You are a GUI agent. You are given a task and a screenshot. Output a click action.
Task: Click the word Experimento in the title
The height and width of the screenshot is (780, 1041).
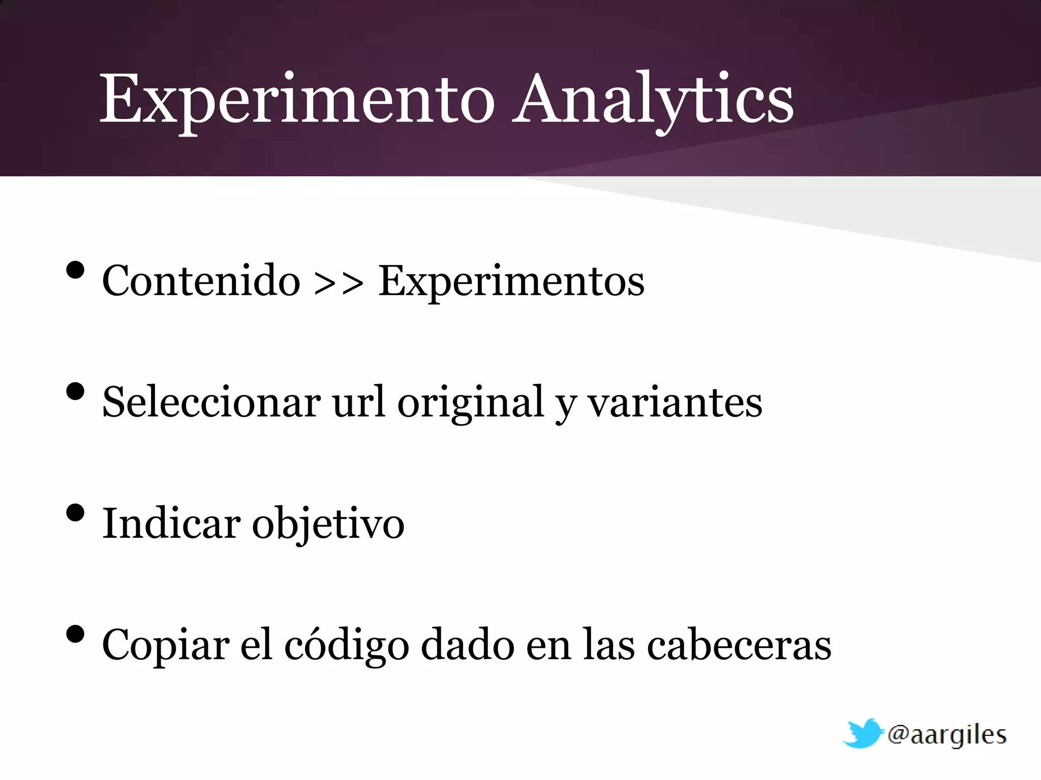click(297, 99)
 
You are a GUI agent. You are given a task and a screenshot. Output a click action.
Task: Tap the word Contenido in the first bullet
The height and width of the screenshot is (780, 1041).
click(201, 281)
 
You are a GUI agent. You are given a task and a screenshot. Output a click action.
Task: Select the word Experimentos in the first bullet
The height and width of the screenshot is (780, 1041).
click(511, 281)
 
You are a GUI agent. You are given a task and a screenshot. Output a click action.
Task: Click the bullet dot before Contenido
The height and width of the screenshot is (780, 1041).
click(75, 270)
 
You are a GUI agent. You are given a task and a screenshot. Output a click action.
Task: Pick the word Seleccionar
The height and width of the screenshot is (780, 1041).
click(211, 402)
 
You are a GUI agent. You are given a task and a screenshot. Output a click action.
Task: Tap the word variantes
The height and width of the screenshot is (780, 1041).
click(675, 402)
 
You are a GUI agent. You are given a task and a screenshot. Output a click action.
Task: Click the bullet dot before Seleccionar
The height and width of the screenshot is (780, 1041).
click(75, 392)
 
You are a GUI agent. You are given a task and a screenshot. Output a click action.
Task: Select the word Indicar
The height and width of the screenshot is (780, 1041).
click(171, 524)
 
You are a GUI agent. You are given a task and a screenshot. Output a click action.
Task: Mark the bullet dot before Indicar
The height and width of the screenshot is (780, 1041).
click(75, 513)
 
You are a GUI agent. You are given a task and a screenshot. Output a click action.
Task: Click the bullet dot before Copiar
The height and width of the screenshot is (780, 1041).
click(75, 634)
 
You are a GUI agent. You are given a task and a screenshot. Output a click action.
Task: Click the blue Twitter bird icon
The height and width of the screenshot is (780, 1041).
click(862, 733)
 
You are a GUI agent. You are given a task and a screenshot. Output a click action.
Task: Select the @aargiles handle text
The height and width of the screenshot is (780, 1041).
click(946, 735)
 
